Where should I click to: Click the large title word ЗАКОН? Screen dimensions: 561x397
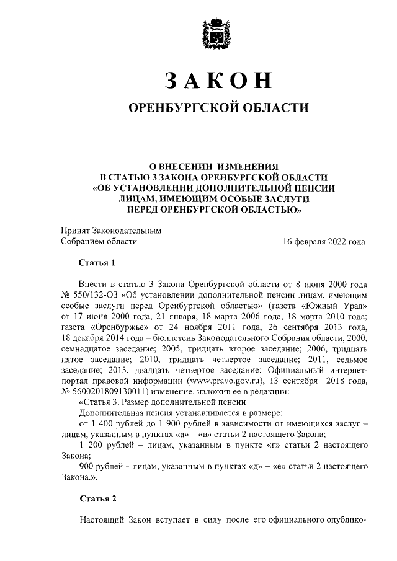coord(216,81)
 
